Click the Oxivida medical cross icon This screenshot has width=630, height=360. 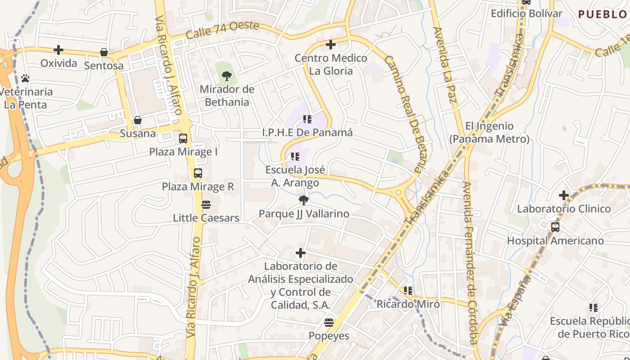tap(58, 50)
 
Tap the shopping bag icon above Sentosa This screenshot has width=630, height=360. tap(104, 52)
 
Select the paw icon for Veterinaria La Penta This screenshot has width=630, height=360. tap(25, 78)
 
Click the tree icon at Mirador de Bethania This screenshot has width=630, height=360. tap(227, 76)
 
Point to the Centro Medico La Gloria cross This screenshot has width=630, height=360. tap(331, 45)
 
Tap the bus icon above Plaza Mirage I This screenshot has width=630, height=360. tap(183, 138)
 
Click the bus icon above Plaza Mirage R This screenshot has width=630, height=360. tap(198, 173)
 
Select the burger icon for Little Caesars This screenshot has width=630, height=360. tap(206, 205)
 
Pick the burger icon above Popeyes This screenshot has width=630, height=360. tap(329, 322)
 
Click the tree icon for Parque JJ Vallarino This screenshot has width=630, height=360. tap(304, 200)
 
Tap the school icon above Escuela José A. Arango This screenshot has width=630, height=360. tap(295, 157)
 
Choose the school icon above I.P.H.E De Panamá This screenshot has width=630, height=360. tap(307, 119)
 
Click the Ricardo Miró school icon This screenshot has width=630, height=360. tap(408, 291)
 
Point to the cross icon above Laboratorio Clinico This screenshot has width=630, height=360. tap(564, 195)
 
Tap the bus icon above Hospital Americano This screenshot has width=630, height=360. tap(555, 227)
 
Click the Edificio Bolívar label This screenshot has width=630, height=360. tap(526, 13)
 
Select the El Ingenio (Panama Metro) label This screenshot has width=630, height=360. tap(489, 132)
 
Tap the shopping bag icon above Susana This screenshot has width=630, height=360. tap(138, 120)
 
